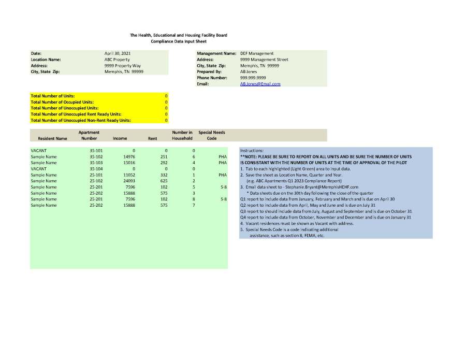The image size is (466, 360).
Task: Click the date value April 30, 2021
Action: (x=117, y=53)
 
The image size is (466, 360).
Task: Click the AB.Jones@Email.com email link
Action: (x=260, y=84)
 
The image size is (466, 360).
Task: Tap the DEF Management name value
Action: (x=257, y=53)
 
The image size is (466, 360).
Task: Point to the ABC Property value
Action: (x=117, y=60)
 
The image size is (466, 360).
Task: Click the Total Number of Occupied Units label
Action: (x=62, y=102)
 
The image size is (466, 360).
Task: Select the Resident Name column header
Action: (x=52, y=139)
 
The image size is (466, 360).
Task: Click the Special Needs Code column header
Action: (x=211, y=136)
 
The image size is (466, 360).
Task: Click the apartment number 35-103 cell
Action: (x=96, y=163)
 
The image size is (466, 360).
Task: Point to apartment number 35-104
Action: (x=96, y=169)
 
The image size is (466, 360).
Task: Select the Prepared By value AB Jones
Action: (x=249, y=71)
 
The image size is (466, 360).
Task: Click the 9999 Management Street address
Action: (x=264, y=60)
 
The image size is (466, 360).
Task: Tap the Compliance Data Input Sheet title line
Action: (x=178, y=41)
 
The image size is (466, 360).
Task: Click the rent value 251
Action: (x=164, y=156)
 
